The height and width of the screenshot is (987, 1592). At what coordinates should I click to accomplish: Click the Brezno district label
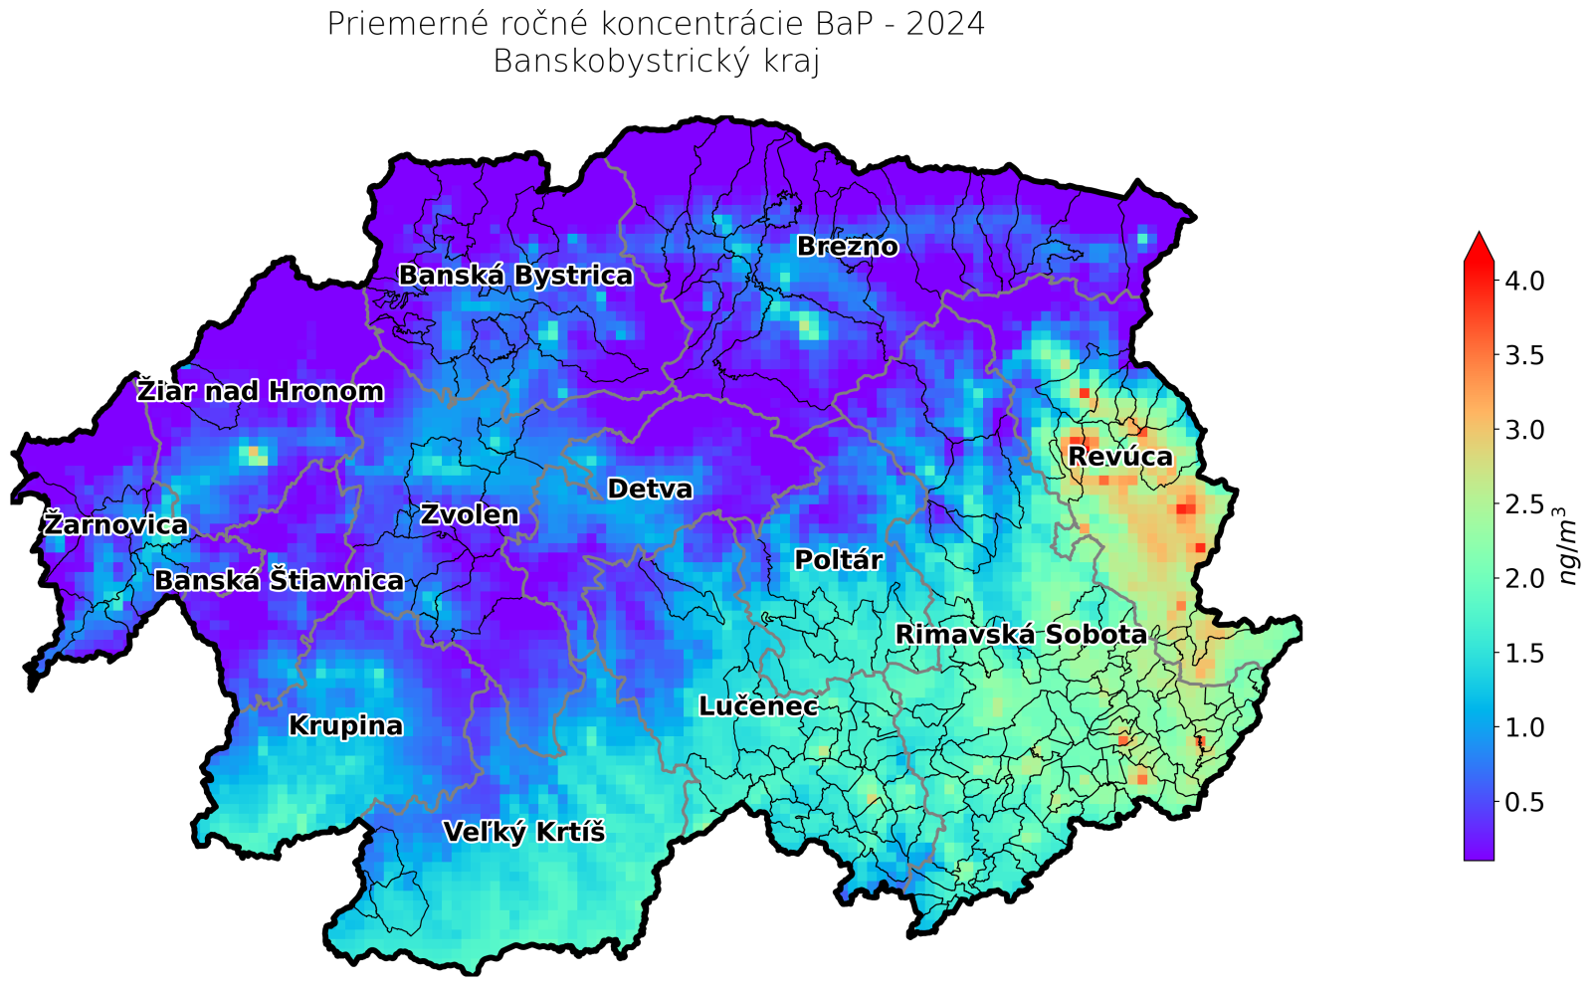(847, 247)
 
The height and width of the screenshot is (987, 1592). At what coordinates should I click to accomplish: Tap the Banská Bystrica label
(514, 276)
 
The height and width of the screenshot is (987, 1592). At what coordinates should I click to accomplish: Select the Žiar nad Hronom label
(260, 392)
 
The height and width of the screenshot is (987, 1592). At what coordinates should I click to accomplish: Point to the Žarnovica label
(115, 524)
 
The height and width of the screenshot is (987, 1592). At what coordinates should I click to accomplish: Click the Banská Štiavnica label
(280, 581)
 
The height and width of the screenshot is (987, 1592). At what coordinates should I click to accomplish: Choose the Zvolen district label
(469, 515)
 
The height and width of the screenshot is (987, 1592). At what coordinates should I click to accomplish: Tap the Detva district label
(650, 490)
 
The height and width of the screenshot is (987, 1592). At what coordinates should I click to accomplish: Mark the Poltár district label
(838, 561)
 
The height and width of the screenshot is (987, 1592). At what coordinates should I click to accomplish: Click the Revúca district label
(1120, 457)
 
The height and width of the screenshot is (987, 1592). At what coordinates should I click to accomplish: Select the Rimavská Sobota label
(1021, 635)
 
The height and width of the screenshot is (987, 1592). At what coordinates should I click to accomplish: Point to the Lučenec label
(758, 707)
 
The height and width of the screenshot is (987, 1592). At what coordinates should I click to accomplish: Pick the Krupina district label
(345, 726)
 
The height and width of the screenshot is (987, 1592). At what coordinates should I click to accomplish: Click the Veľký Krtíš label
(523, 833)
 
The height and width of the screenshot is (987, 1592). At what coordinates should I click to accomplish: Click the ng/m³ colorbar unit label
(1568, 546)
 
